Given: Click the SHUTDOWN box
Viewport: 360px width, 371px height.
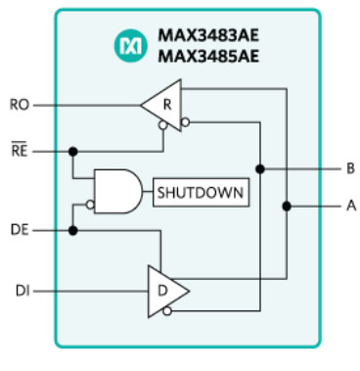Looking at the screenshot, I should click(x=200, y=192).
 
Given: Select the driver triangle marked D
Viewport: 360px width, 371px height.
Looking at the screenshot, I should click(x=161, y=290).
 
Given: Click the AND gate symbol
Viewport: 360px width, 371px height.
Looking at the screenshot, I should click(x=117, y=193).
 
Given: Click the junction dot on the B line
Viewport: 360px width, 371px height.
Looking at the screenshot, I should click(x=262, y=168).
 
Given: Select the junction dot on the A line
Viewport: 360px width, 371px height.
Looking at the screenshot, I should click(x=287, y=207).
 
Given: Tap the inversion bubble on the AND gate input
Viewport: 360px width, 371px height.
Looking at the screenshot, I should click(x=89, y=206).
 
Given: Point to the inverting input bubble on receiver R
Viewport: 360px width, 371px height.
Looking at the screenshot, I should click(x=183, y=122).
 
